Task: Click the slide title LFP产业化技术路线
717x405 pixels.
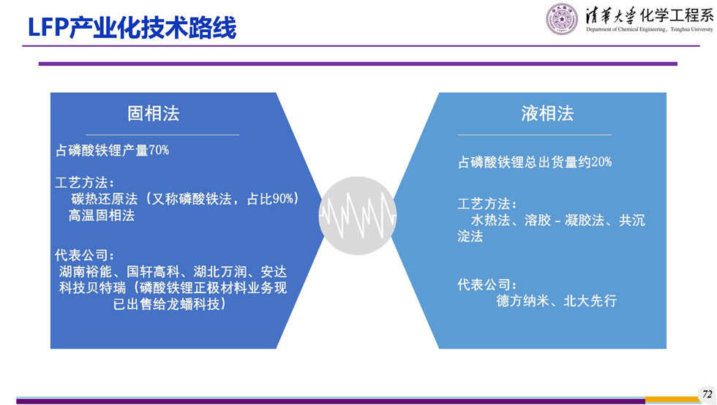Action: pos(132,28)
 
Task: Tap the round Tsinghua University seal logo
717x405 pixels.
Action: pos(562,19)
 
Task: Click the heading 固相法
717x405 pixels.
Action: pos(153,113)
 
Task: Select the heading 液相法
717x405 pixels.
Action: pos(547,113)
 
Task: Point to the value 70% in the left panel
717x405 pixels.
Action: pos(159,150)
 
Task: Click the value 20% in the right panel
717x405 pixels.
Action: pos(601,162)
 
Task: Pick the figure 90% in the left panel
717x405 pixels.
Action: pos(282,199)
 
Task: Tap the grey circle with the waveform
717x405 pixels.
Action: pos(358,216)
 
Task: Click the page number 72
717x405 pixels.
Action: pos(707,394)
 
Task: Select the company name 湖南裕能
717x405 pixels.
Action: pos(86,272)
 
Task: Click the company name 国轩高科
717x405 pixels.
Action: pos(153,272)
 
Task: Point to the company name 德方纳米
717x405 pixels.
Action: pos(522,300)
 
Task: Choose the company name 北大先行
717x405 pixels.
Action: pos(590,300)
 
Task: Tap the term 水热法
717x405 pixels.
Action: pos(491,220)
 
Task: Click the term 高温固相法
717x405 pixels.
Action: pos(102,216)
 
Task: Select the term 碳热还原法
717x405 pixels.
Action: pos(104,199)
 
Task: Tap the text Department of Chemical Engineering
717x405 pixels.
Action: pos(626,29)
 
